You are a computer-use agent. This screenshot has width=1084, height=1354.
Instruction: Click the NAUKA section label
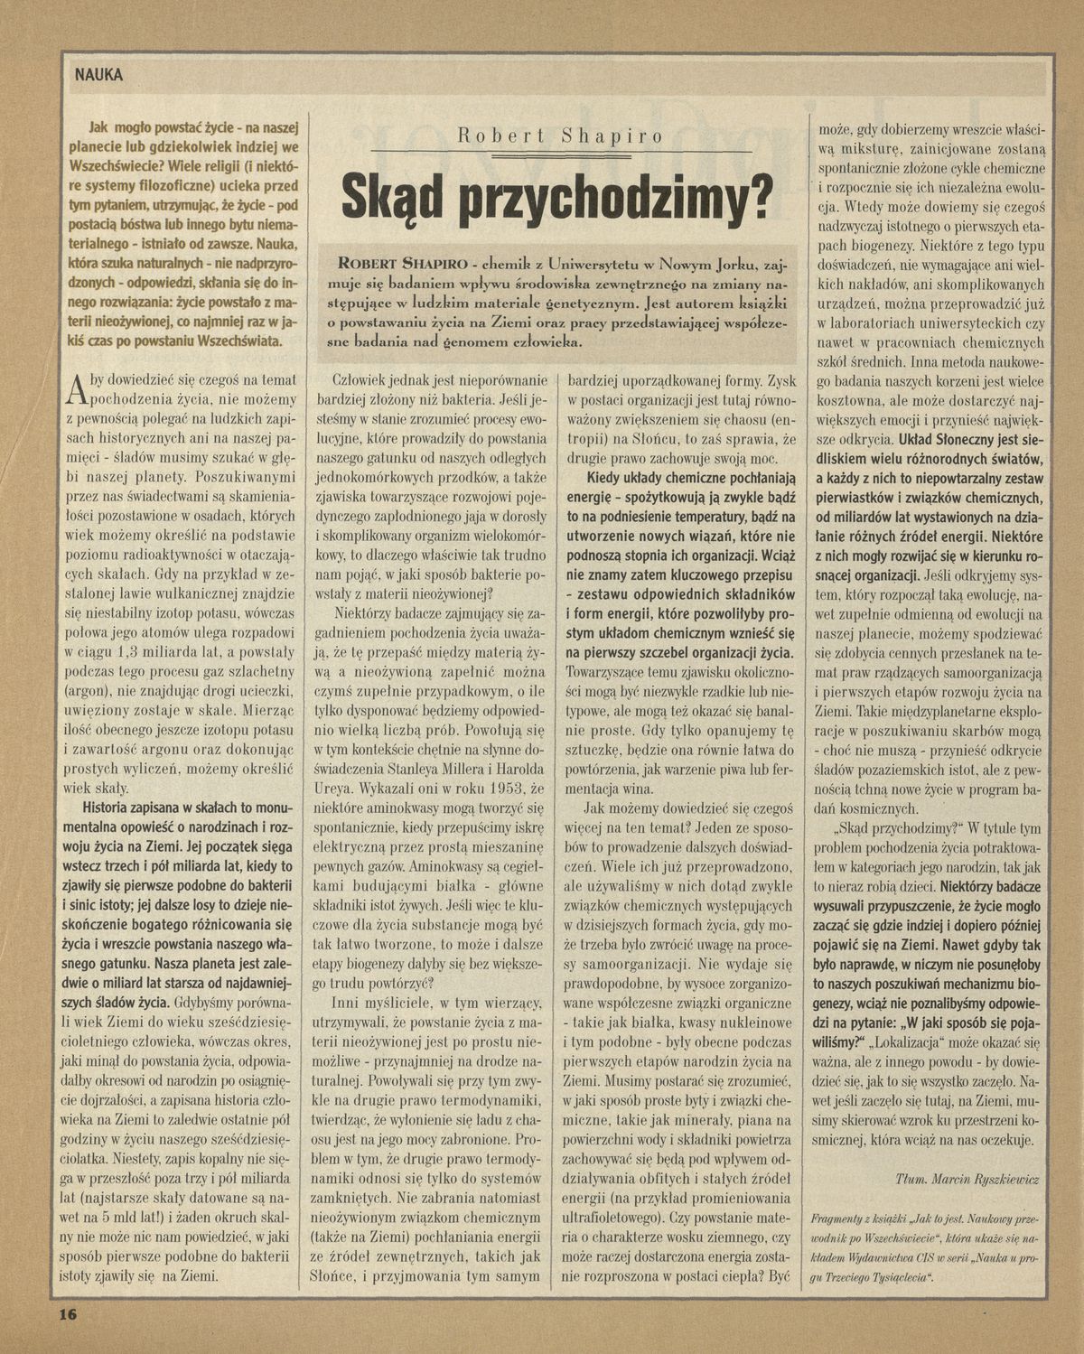[x=98, y=76]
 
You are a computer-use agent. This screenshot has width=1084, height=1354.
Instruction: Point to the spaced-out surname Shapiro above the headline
[x=612, y=136]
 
